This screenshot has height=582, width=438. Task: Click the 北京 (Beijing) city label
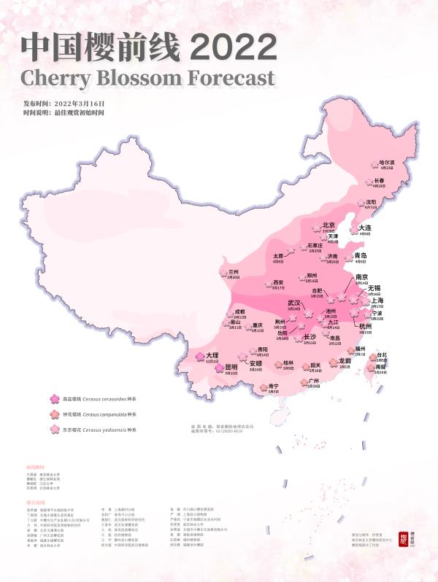click(x=328, y=225)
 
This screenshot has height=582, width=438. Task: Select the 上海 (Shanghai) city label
click(x=377, y=300)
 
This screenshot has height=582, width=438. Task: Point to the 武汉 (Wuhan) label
click(x=294, y=303)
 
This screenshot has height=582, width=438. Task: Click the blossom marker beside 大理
click(x=199, y=355)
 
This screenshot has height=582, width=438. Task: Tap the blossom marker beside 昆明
click(x=218, y=368)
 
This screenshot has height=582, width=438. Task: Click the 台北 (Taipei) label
click(x=381, y=355)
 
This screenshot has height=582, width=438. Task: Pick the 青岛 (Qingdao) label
click(x=361, y=256)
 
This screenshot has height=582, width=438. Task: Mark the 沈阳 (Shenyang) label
click(x=371, y=202)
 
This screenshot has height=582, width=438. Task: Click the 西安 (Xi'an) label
click(x=277, y=282)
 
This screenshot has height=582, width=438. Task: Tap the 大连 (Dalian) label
click(x=366, y=228)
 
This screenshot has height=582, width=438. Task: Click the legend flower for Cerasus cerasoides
click(x=54, y=398)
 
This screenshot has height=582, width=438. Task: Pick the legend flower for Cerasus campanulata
click(x=54, y=414)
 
